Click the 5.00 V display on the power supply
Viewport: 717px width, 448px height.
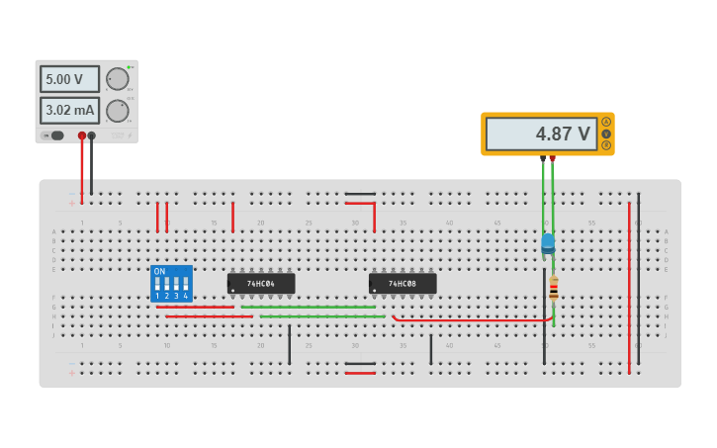coord(69,79)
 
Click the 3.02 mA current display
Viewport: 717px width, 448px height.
coord(69,110)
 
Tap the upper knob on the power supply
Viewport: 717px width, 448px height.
coord(118,79)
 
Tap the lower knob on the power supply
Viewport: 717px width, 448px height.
coord(118,110)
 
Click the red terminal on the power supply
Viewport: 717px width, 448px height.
coord(82,135)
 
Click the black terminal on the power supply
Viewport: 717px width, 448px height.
coord(92,135)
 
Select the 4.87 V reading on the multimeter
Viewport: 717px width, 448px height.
coord(541,134)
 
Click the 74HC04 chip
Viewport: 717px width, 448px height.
coord(261,284)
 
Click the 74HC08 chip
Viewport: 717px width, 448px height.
coord(403,284)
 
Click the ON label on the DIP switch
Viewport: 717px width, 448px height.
coord(159,271)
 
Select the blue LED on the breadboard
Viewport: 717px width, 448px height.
coord(548,241)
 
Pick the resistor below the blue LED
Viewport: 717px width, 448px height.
coord(554,288)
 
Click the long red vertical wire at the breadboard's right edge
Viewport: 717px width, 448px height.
coord(629,287)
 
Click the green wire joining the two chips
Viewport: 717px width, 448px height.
coord(308,307)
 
